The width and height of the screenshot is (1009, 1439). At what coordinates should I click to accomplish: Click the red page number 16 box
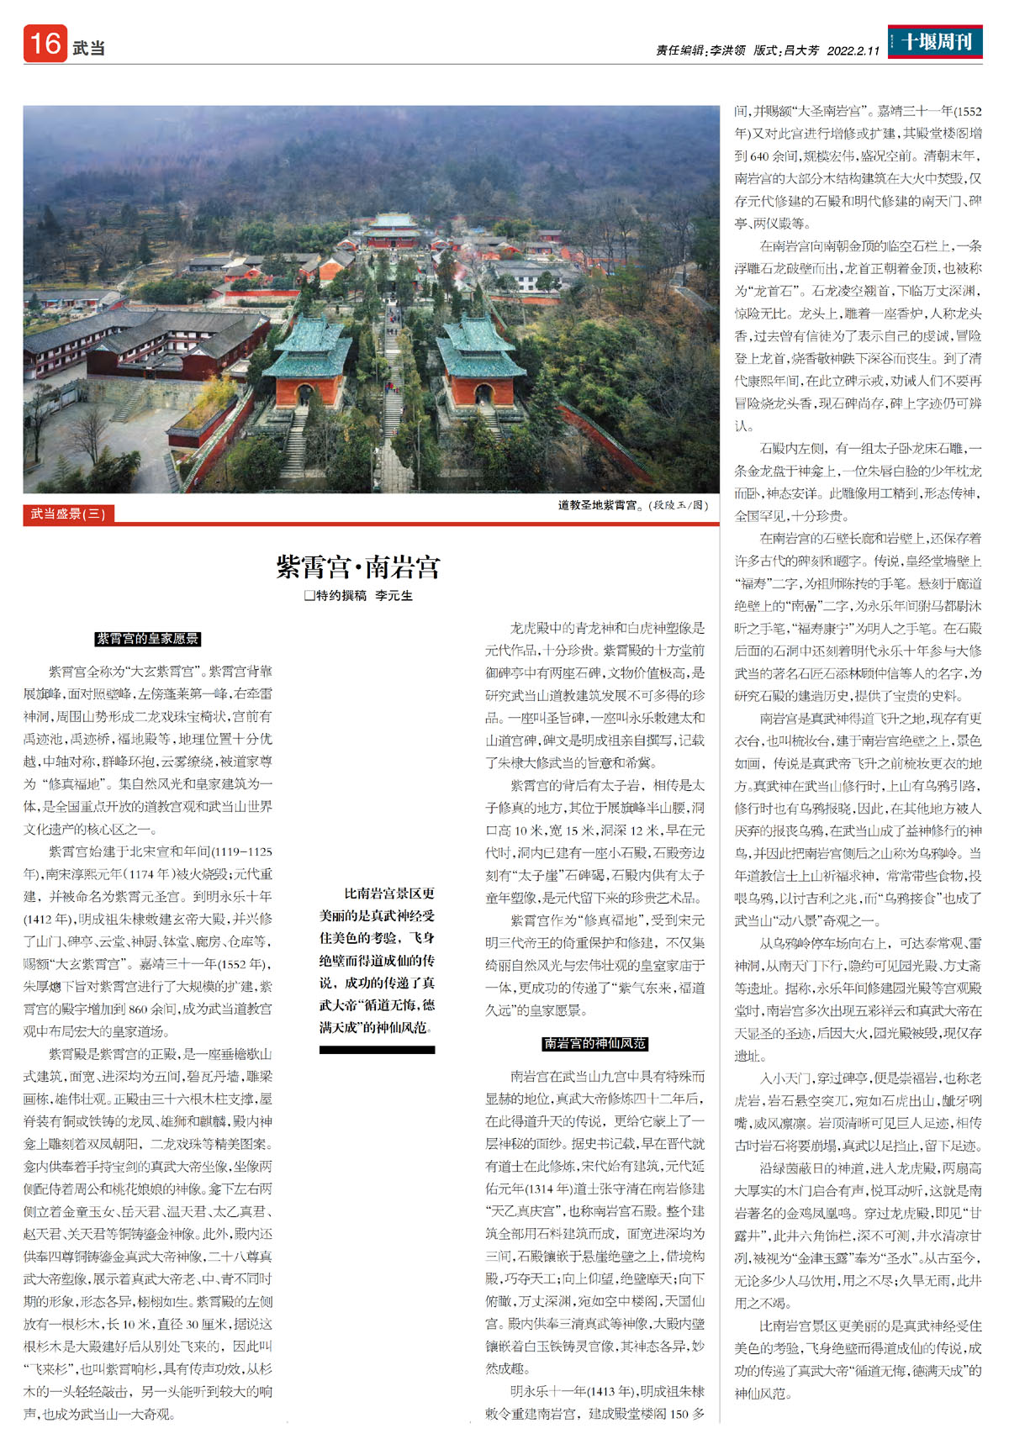45,44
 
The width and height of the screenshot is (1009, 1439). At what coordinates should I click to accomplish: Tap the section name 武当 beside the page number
88,48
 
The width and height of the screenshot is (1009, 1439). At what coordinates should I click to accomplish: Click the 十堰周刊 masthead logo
935,42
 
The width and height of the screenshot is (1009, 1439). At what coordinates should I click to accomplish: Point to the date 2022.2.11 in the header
853,50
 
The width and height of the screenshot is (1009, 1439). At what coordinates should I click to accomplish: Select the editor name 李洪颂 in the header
727,50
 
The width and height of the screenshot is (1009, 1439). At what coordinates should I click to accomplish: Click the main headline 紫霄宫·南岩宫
358,567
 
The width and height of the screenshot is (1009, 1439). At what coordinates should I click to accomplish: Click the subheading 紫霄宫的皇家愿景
148,639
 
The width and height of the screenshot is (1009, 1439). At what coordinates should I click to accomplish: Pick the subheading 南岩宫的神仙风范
595,1043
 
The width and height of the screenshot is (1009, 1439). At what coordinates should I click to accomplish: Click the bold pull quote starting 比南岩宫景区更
377,960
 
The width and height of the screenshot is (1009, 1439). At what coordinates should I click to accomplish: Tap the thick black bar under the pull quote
377,1050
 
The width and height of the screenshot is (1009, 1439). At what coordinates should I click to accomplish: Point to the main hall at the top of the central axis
394,229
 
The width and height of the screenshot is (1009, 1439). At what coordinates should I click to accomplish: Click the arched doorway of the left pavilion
304,394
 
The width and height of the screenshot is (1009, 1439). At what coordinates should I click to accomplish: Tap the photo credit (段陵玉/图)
679,505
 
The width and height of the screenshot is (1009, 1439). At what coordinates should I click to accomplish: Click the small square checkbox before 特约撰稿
309,596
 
